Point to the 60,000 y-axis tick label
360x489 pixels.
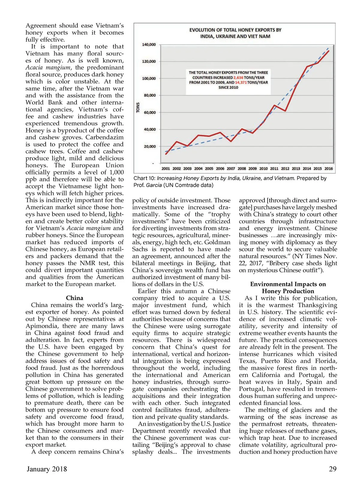pyautogui.click(x=150, y=112)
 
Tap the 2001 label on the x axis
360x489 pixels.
pyautogui.click(x=166, y=168)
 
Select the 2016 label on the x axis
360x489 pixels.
pyautogui.click(x=328, y=168)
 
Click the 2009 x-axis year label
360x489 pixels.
pyautogui.click(x=253, y=168)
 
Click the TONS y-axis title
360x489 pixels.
pyautogui.click(x=138, y=107)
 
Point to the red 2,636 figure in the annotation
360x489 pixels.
pyautogui.click(x=238, y=78)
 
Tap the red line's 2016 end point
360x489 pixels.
pyautogui.click(x=329, y=51)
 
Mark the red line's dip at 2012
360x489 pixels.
pyautogui.click(x=285, y=111)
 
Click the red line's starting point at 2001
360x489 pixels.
pyautogui.click(x=166, y=154)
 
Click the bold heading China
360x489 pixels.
pyautogui.click(x=74, y=298)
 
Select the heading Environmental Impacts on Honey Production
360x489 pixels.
pyautogui.click(x=288, y=288)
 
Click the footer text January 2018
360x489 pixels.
pyautogui.click(x=47, y=469)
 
